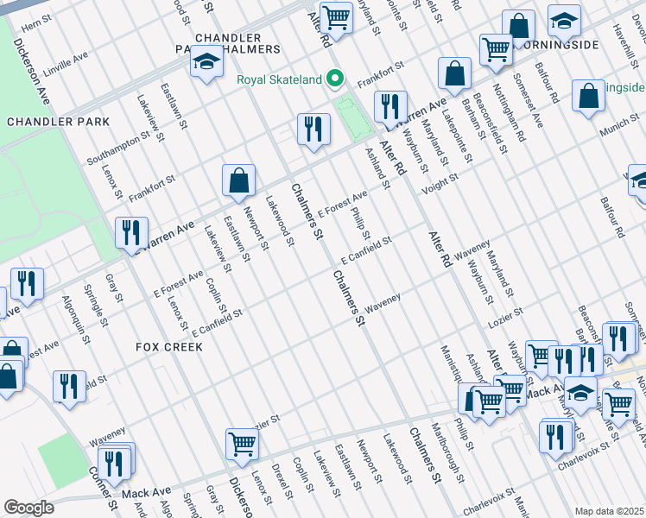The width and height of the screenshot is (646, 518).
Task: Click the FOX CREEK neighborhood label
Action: [169, 346]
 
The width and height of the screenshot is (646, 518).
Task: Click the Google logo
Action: [28, 508]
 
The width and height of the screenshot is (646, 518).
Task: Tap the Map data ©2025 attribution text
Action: [609, 511]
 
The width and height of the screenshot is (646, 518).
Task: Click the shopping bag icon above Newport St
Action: [239, 181]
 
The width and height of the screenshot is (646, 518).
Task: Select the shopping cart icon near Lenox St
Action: [243, 445]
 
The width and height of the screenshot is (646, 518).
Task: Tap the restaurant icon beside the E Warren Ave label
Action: [131, 233]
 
